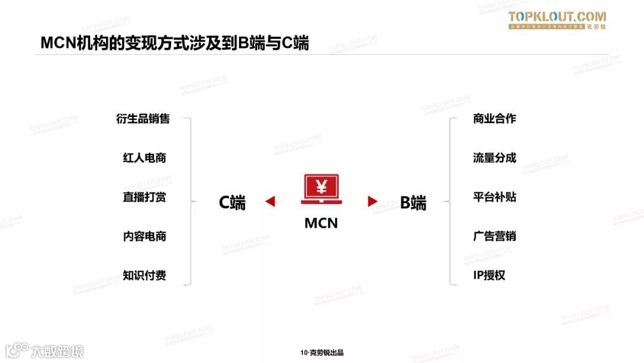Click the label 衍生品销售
[143, 119]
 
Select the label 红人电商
[144, 158]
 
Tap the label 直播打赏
[144, 197]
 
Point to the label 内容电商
[144, 236]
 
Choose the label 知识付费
[144, 275]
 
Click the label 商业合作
[494, 119]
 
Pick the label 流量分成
[494, 158]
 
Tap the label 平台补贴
[494, 197]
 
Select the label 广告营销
[494, 236]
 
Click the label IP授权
[489, 275]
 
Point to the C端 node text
[232, 202]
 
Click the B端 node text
[413, 202]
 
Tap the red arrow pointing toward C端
[270, 202]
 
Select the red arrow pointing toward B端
[373, 202]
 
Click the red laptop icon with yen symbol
[321, 189]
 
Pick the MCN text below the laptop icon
[321, 223]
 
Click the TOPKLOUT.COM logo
[557, 20]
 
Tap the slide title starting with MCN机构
[175, 43]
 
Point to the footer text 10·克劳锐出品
[322, 353]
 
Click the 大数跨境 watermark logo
[45, 350]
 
